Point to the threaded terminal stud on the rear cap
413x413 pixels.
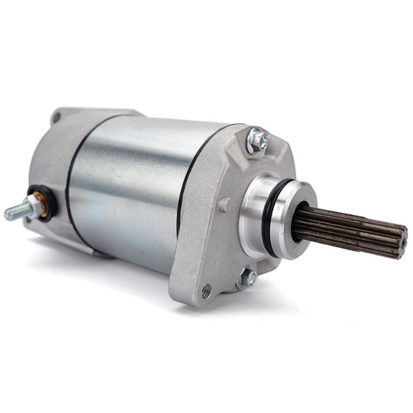pos(15,212)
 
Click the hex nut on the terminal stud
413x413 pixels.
pos(34,206)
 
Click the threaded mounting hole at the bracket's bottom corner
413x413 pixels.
pos(206,290)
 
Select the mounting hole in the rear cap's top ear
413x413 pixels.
pos(56,118)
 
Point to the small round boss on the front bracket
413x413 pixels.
pos(223,204)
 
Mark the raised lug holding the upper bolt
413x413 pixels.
pos(248,147)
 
